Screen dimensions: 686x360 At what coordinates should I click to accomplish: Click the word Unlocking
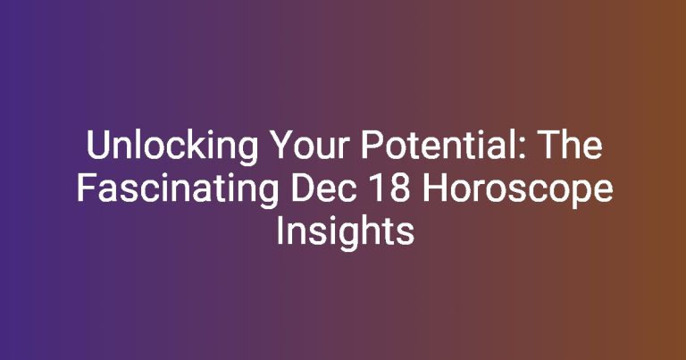[x=172, y=147]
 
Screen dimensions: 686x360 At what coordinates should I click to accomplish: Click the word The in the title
[x=573, y=145]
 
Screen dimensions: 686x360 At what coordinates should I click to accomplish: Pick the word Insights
[x=345, y=232]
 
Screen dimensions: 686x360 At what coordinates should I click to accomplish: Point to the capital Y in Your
[x=283, y=145]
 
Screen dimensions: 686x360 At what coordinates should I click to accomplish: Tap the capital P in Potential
[x=372, y=145]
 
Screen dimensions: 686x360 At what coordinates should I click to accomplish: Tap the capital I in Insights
[x=280, y=230]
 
